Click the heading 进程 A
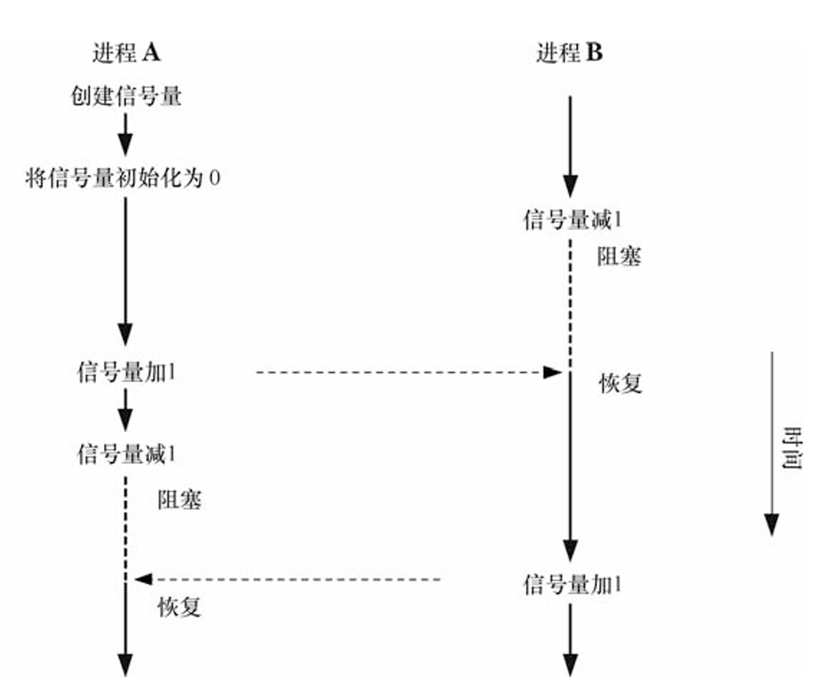coord(126,53)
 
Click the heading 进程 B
coord(569,53)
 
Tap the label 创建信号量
coord(126,96)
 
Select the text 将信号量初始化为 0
coord(122,177)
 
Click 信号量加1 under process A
coord(126,371)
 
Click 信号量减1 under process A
coord(126,454)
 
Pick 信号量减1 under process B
coord(572,219)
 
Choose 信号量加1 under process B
coord(572,584)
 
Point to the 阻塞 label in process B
coord(619,256)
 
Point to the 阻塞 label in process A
coord(179,499)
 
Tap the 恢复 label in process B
coord(620,383)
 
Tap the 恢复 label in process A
coord(179,606)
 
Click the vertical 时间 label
coord(792,448)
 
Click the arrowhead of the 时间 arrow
coord(772,524)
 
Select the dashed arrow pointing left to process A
coord(288,579)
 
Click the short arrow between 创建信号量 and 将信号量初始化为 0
coord(126,135)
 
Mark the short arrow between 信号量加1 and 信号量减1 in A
coord(126,410)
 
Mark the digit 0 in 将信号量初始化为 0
coord(215,178)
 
